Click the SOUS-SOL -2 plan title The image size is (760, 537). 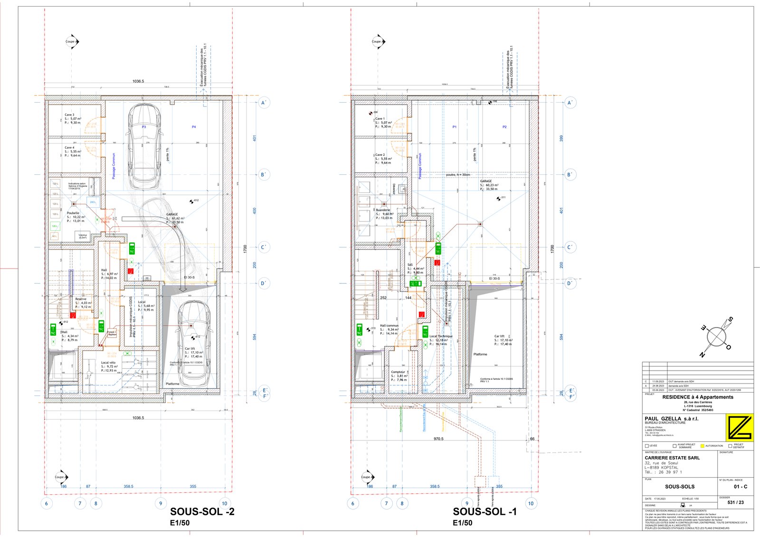coord(202,512)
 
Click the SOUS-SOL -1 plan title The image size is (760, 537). coord(484,512)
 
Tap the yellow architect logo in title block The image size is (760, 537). coord(739,428)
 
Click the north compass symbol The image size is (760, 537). coord(716,336)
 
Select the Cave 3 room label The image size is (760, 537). coord(69,115)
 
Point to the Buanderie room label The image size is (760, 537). coord(383,210)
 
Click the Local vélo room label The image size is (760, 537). coord(108,363)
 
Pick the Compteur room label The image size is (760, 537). coord(398,372)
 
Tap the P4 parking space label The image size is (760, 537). coord(194,127)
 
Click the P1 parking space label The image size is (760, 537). coord(455,127)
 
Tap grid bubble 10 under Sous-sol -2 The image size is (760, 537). coord(224,503)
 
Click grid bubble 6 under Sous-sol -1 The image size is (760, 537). coord(352,503)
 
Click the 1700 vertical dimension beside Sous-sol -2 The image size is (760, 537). coord(245,248)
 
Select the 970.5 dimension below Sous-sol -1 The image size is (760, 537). coord(438,439)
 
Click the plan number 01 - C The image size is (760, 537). coord(740,487)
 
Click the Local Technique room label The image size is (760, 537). coord(441,336)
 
